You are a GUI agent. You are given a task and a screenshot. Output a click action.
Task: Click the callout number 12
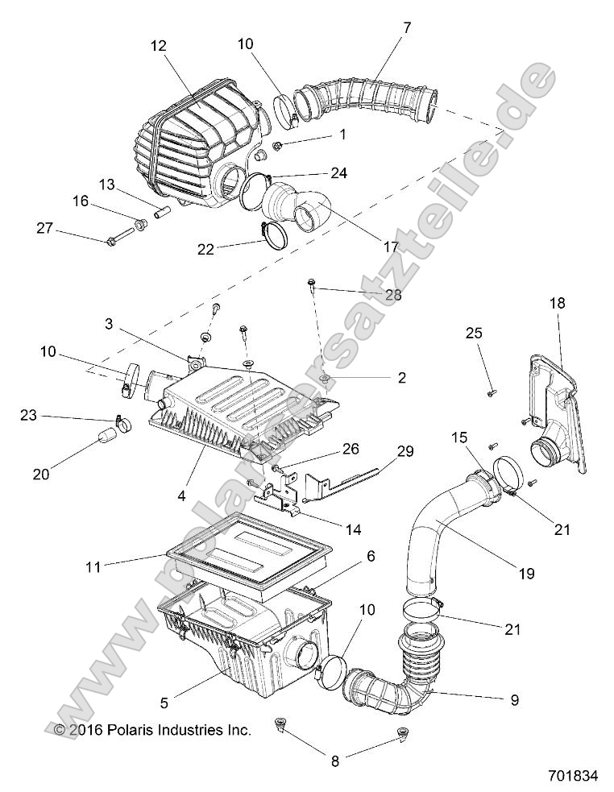[158, 47]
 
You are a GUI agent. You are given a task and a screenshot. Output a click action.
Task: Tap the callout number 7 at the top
[406, 27]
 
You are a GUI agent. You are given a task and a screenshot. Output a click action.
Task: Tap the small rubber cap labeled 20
[106, 438]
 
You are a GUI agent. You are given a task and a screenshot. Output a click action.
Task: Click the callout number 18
[558, 304]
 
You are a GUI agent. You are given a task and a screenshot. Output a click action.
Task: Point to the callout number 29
[403, 452]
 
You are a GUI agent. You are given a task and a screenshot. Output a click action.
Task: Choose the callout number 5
[164, 702]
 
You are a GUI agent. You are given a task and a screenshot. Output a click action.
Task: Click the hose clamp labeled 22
[276, 235]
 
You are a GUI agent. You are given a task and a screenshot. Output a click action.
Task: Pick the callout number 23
[29, 415]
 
